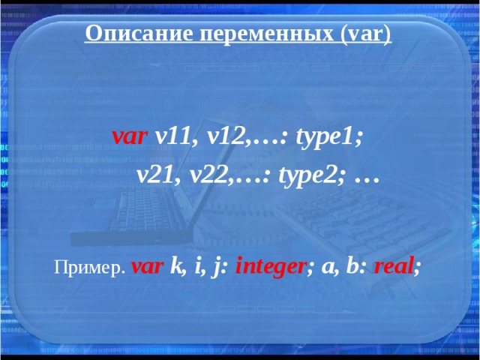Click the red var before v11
(x=129, y=137)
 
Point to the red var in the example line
(x=147, y=267)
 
